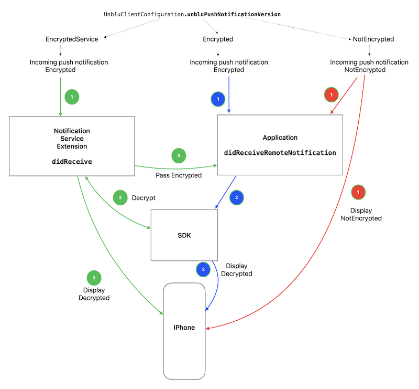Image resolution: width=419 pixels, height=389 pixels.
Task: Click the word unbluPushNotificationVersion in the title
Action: (x=234, y=14)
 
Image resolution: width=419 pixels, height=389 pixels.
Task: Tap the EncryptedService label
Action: (x=72, y=39)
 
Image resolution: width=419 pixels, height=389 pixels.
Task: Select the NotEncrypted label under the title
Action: (x=373, y=39)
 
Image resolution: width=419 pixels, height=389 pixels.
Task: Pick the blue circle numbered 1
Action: (x=218, y=98)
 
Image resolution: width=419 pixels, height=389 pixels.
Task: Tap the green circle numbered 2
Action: (x=120, y=198)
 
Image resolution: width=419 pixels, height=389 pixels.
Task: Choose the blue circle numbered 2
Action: (x=237, y=198)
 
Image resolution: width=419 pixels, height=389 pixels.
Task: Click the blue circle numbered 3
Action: (x=203, y=269)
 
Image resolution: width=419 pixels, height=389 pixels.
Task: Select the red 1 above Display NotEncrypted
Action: (x=358, y=193)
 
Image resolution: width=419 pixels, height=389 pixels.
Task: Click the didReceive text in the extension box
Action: (x=72, y=162)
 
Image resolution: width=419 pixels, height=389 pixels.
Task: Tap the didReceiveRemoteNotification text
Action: (x=280, y=153)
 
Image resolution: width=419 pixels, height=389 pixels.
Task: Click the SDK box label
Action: (x=184, y=235)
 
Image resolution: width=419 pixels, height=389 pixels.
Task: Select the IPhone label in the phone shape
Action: (x=184, y=328)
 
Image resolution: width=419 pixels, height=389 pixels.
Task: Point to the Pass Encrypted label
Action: (x=179, y=175)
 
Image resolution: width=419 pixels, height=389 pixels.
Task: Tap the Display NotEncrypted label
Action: (x=361, y=214)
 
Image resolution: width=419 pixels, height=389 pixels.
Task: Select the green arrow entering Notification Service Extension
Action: (x=61, y=97)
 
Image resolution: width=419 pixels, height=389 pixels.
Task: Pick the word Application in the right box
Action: (x=280, y=138)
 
